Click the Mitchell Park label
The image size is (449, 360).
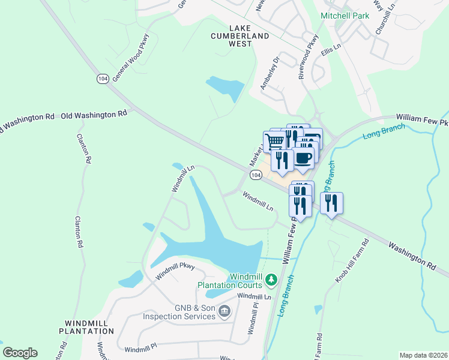(345, 16)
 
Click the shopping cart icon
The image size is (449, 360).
(274, 141)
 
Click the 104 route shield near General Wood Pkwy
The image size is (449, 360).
(101, 79)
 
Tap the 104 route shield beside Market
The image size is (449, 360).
(256, 175)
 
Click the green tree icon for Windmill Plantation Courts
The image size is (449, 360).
(271, 279)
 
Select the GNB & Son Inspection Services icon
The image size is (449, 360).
(224, 310)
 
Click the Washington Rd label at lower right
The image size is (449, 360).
(411, 254)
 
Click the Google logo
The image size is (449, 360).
(20, 353)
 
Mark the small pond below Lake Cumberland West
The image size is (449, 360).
(225, 88)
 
